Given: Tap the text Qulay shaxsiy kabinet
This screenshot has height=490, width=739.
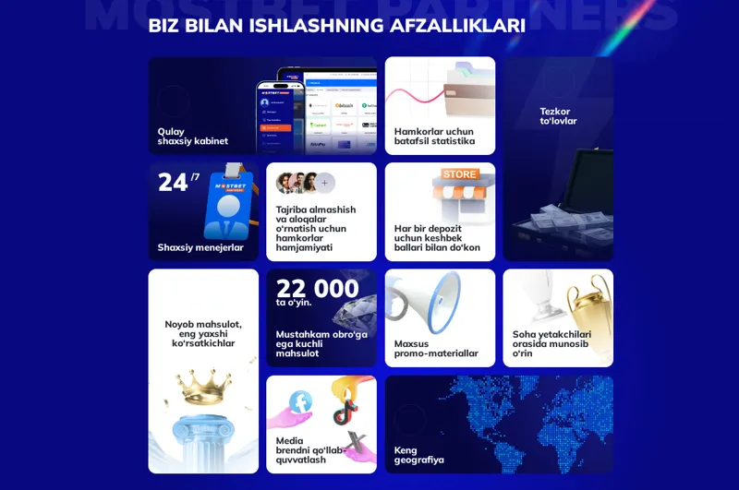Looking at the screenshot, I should coord(192,137).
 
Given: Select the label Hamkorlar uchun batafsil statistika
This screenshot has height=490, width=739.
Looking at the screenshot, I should coord(434,137).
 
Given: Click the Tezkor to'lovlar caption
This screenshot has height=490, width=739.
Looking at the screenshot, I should coord(558,116).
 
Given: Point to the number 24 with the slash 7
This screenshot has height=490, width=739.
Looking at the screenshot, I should coord(177,182).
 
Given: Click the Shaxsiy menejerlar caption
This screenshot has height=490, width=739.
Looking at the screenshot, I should coord(200,247).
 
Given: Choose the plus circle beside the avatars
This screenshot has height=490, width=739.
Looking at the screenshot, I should coord(324,183).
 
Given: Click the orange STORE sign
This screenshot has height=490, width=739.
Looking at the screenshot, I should coord(459,174).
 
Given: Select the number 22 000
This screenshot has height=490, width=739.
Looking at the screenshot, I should coord(317,287).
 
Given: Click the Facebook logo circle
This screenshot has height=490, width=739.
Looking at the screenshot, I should coord(300,401).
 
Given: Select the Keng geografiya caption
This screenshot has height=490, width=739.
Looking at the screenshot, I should coord(419,455).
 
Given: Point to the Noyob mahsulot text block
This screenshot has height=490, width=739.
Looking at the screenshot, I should coord(203,334).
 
